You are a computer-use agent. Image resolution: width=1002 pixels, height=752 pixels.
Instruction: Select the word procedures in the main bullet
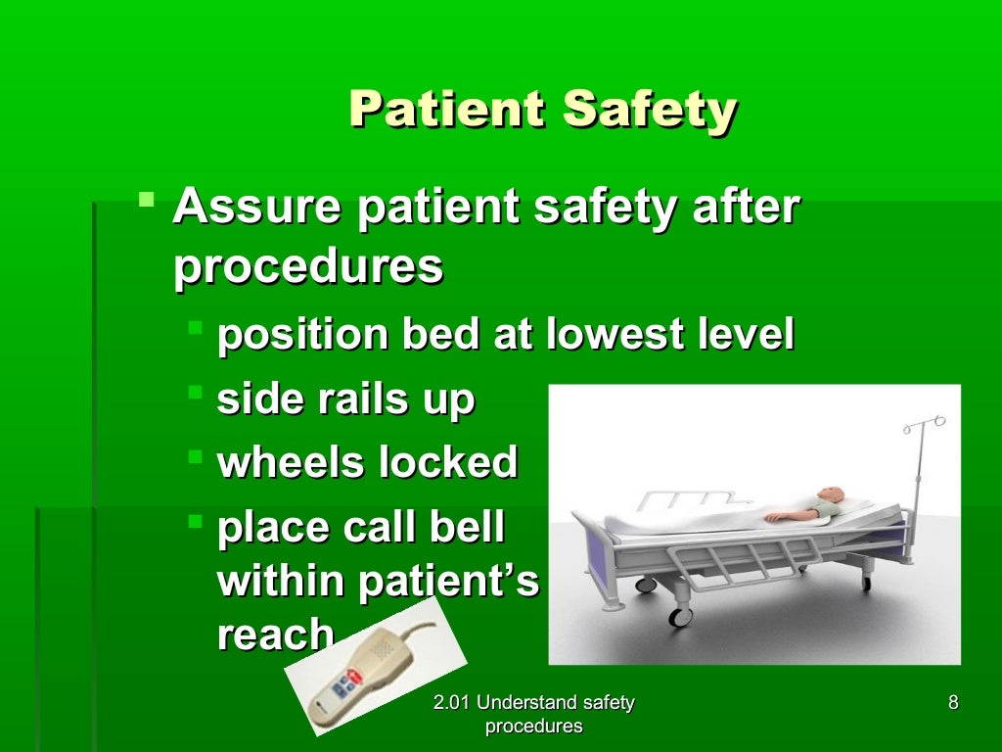(308, 266)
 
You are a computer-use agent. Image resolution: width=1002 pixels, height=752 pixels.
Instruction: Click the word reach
(275, 635)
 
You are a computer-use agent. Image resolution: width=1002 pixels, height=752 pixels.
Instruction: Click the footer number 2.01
(454, 702)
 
